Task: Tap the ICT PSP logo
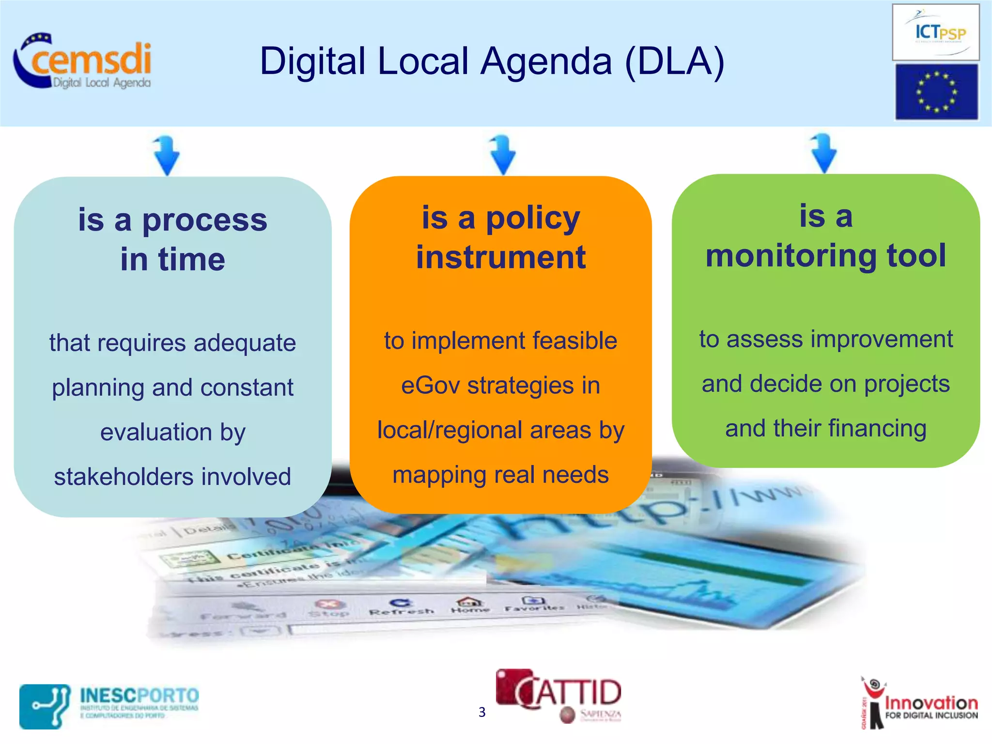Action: (x=935, y=32)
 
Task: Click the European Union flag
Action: (x=936, y=92)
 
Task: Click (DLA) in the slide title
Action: (x=674, y=62)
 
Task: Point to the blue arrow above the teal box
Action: (x=166, y=155)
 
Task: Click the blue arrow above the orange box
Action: (x=502, y=155)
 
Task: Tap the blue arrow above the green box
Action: (x=823, y=153)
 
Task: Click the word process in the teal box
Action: (x=204, y=220)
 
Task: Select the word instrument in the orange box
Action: (x=501, y=257)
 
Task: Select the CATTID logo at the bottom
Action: (x=558, y=695)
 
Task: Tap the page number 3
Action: (x=482, y=712)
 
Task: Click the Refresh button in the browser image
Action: (x=401, y=607)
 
